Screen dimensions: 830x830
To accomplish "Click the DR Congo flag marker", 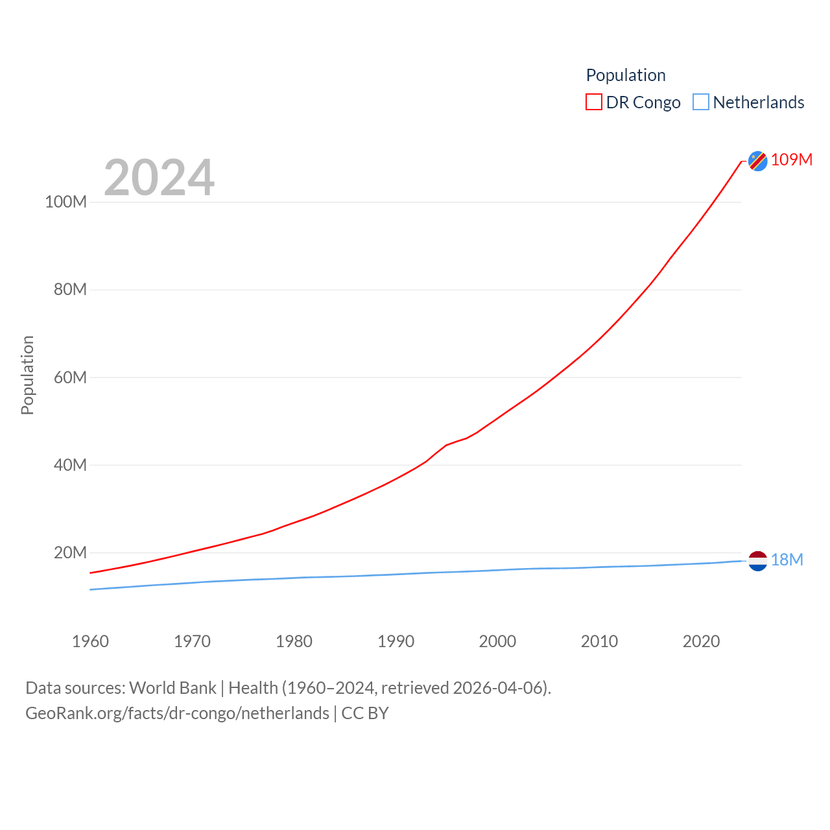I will pyautogui.click(x=757, y=160).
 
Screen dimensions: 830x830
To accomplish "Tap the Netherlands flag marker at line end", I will pyautogui.click(x=757, y=560).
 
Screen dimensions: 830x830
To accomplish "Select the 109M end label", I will pyautogui.click(x=792, y=160).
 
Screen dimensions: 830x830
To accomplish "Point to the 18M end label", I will pyautogui.click(x=787, y=560).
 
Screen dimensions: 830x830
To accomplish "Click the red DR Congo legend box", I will pyautogui.click(x=593, y=102).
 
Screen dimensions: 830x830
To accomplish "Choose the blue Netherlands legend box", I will pyautogui.click(x=701, y=102).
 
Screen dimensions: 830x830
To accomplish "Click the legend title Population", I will pyautogui.click(x=626, y=75).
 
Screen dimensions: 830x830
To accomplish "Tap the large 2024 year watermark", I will pyautogui.click(x=159, y=178).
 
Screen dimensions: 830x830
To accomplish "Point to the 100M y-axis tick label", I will pyautogui.click(x=65, y=202).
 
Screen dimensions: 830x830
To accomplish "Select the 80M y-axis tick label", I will pyautogui.click(x=70, y=289).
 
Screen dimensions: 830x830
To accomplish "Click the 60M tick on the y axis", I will pyautogui.click(x=70, y=377).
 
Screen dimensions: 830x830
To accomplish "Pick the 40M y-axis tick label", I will pyautogui.click(x=70, y=465).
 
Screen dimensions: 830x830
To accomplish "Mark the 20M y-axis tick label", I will pyautogui.click(x=70, y=552).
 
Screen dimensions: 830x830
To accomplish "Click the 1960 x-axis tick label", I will pyautogui.click(x=90, y=641).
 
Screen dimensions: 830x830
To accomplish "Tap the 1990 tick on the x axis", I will pyautogui.click(x=396, y=641).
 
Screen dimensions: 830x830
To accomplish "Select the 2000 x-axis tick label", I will pyautogui.click(x=497, y=641).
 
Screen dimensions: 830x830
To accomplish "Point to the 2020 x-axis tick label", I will pyautogui.click(x=701, y=641).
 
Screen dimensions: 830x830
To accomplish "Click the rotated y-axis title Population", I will pyautogui.click(x=27, y=375).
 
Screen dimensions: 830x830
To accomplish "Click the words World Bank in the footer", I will pyautogui.click(x=172, y=687).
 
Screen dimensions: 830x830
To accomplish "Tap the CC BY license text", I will pyautogui.click(x=365, y=713).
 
